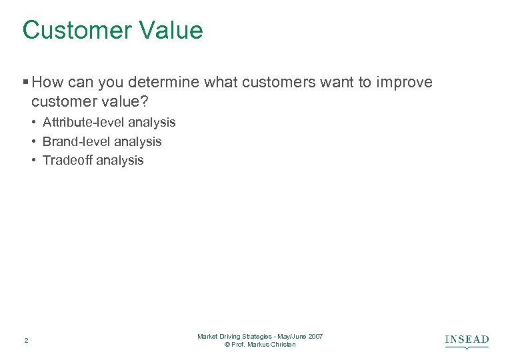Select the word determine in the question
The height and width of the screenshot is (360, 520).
[165, 83]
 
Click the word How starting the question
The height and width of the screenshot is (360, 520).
[47, 83]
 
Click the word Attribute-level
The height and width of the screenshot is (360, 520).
[83, 122]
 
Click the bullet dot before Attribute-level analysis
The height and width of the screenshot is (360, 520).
[33, 122]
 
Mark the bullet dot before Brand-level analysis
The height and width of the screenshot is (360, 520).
[33, 141]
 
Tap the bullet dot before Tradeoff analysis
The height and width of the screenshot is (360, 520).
[33, 160]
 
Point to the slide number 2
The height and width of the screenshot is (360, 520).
[26, 341]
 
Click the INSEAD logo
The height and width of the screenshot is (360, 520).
[467, 341]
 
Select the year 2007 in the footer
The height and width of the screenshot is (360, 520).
[315, 336]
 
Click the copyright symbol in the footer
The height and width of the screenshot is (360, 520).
[228, 345]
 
